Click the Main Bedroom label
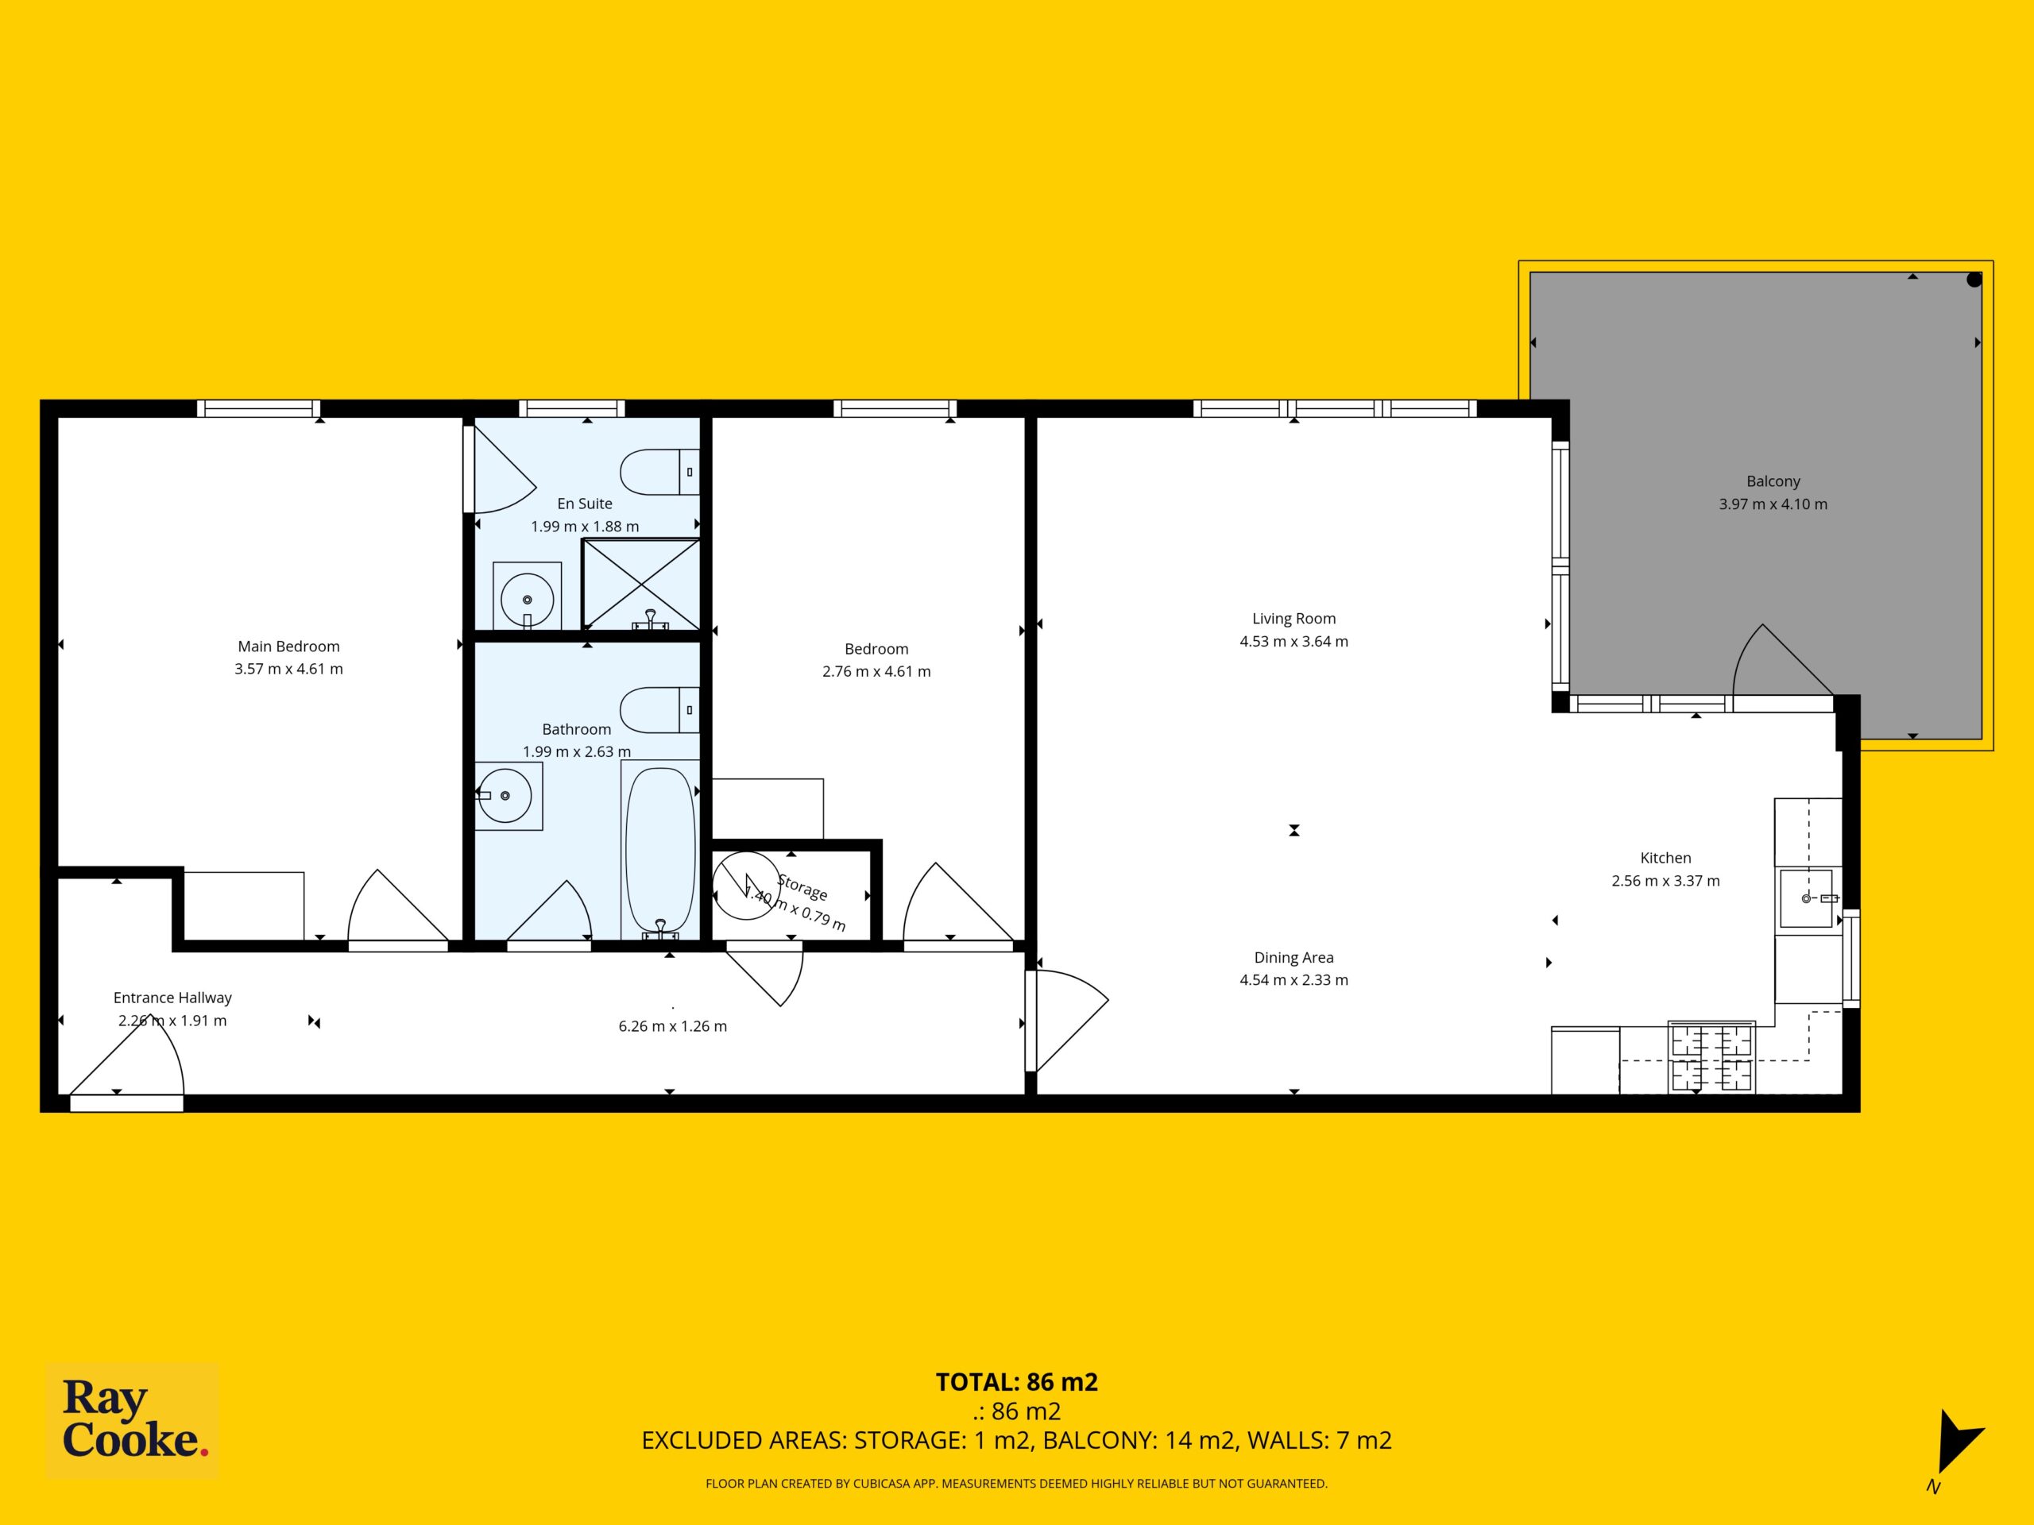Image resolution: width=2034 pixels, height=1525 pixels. click(x=288, y=647)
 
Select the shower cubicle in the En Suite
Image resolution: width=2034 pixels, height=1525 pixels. click(x=642, y=584)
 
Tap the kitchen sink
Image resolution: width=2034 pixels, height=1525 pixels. click(x=1806, y=898)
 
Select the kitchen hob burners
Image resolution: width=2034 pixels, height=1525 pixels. click(x=1711, y=1057)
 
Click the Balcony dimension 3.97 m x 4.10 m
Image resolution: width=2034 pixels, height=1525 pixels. click(x=1773, y=504)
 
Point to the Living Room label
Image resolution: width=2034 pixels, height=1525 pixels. click(x=1293, y=619)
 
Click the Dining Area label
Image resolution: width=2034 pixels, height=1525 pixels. click(x=1293, y=957)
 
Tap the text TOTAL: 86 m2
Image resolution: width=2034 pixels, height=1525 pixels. click(x=1017, y=1381)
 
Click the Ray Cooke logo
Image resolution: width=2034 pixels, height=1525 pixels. click(x=133, y=1419)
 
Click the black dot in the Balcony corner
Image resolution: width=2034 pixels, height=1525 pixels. click(x=1974, y=280)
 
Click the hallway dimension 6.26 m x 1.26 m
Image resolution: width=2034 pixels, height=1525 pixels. click(x=672, y=1026)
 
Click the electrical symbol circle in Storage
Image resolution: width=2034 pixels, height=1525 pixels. click(x=746, y=887)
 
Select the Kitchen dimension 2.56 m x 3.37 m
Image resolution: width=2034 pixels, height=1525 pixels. click(x=1665, y=881)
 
